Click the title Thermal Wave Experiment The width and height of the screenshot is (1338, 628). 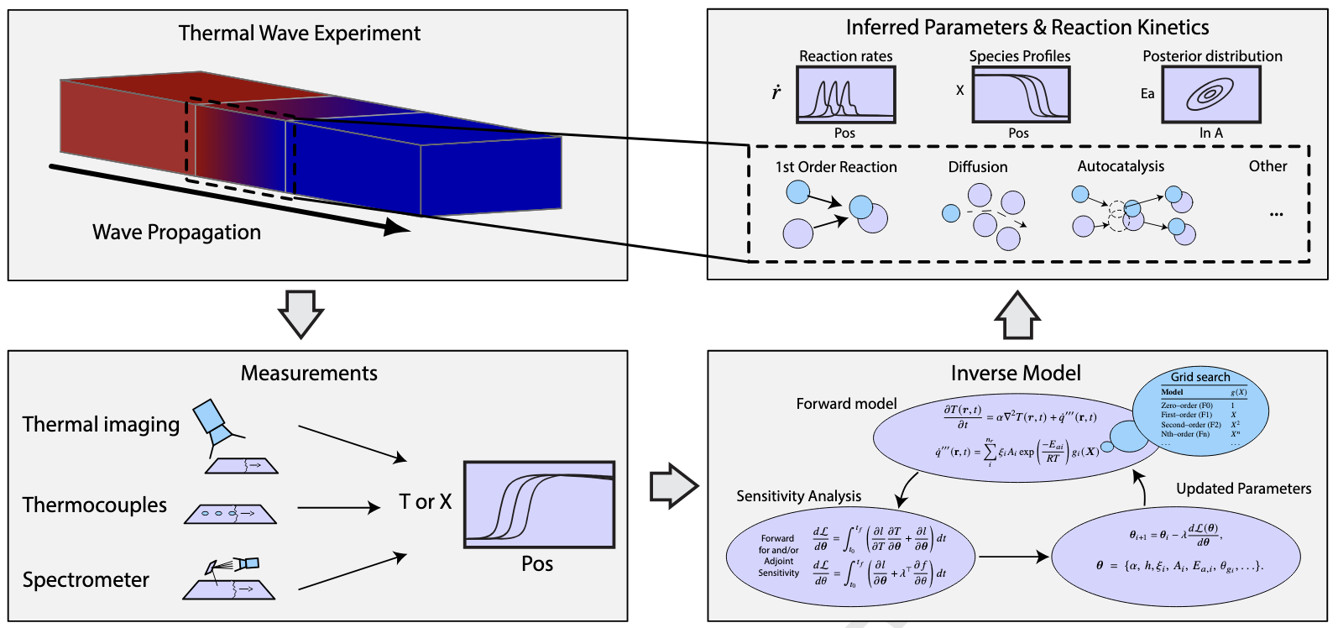299,34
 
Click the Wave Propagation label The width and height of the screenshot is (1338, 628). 176,233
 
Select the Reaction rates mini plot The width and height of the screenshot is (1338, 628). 845,95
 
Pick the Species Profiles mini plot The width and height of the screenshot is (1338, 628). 1020,95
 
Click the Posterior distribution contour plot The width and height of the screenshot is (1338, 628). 1210,95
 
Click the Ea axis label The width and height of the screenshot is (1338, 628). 1147,94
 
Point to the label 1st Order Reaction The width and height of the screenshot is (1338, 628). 836,167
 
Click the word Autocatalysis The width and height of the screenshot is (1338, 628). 1121,166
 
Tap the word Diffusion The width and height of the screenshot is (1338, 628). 978,167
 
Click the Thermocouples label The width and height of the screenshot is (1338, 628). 95,505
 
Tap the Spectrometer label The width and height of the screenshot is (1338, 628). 86,580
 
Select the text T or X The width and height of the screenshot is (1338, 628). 425,502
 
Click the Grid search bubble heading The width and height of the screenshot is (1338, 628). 1199,377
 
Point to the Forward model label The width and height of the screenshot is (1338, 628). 846,404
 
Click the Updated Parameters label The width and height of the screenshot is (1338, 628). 1243,489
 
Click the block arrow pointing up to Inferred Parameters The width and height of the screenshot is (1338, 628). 1017,315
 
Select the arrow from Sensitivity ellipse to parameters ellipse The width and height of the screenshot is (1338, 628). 1013,556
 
